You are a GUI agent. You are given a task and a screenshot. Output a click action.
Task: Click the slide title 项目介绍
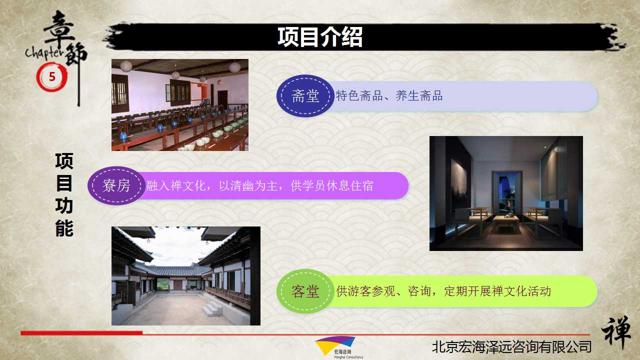tap(320, 37)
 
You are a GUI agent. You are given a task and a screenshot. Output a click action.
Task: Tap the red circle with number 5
tap(51, 77)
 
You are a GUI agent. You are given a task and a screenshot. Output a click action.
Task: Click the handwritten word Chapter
tap(44, 53)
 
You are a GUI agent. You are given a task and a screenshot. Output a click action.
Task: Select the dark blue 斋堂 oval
tap(305, 96)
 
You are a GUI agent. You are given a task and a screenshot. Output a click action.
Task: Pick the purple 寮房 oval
tap(116, 185)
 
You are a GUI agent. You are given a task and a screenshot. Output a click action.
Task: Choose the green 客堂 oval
tap(305, 291)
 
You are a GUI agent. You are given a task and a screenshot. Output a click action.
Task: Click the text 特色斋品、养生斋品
tap(389, 96)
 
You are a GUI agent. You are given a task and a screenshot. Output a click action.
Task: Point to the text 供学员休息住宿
tap(332, 185)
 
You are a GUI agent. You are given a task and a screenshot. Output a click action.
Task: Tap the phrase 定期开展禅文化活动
tap(497, 291)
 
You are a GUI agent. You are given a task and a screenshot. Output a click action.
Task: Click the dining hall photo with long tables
tap(180, 105)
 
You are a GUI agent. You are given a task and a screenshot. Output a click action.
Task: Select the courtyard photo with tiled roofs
tap(185, 276)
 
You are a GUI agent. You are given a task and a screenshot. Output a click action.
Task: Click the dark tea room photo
tap(506, 193)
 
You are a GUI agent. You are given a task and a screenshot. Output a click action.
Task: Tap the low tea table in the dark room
tap(506, 223)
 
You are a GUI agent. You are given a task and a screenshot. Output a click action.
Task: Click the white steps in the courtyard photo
tap(212, 308)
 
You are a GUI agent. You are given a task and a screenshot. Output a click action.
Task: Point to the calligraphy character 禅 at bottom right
tap(616, 332)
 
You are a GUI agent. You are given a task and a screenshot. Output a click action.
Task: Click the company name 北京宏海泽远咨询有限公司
tap(511, 347)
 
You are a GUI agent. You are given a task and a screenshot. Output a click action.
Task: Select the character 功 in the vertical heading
tap(64, 206)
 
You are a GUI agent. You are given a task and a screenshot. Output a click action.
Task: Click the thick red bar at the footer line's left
tap(81, 333)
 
